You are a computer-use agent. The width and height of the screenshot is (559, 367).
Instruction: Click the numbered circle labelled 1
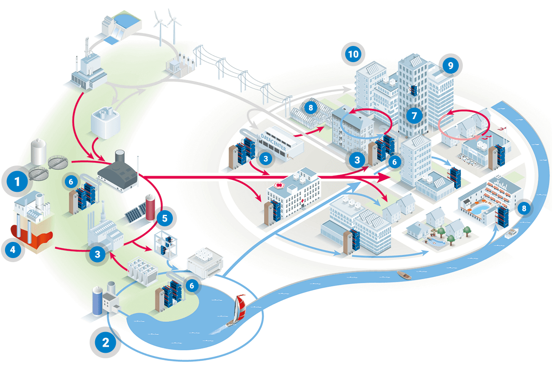(18, 182)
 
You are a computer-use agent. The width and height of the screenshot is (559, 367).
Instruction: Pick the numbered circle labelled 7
(414, 115)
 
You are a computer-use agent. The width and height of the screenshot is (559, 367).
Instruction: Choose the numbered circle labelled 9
(451, 65)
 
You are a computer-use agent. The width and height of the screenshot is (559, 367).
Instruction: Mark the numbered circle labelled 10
(353, 54)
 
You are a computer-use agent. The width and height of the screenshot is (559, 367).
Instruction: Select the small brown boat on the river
(404, 275)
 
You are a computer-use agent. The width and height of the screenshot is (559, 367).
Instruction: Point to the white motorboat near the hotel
(510, 234)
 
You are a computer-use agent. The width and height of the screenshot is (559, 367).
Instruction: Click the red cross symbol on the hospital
(278, 185)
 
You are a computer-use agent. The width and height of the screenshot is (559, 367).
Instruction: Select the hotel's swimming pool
(480, 210)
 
